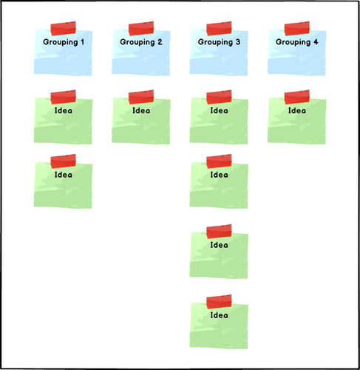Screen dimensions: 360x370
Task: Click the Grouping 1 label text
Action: (x=64, y=42)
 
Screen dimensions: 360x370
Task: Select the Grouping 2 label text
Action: (x=141, y=42)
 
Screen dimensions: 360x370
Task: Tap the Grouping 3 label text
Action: (x=219, y=42)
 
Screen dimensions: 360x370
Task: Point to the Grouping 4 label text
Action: (x=297, y=42)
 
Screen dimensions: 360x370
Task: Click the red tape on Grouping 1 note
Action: (x=64, y=28)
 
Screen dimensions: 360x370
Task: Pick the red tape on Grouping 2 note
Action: (x=141, y=28)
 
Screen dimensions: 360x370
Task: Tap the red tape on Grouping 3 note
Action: (x=219, y=28)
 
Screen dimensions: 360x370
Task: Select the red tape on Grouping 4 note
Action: (x=297, y=28)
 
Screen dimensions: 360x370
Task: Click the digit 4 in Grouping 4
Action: (x=316, y=41)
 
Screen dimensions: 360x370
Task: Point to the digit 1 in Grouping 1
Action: (x=82, y=41)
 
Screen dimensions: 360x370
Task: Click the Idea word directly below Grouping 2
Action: (x=141, y=110)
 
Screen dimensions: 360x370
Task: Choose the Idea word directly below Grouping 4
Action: (x=297, y=110)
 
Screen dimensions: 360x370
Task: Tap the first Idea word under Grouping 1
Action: (x=64, y=110)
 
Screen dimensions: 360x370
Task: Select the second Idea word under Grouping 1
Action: (x=64, y=175)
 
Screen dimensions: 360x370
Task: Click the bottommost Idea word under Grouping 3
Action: (x=219, y=315)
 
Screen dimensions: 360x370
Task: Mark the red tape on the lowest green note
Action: (x=219, y=302)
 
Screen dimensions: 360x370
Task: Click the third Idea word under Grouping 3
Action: (x=219, y=245)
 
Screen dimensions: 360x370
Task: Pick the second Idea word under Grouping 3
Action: (x=219, y=175)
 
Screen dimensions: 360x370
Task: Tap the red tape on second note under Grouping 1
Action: (x=64, y=161)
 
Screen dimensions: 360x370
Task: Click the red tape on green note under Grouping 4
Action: (x=297, y=97)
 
